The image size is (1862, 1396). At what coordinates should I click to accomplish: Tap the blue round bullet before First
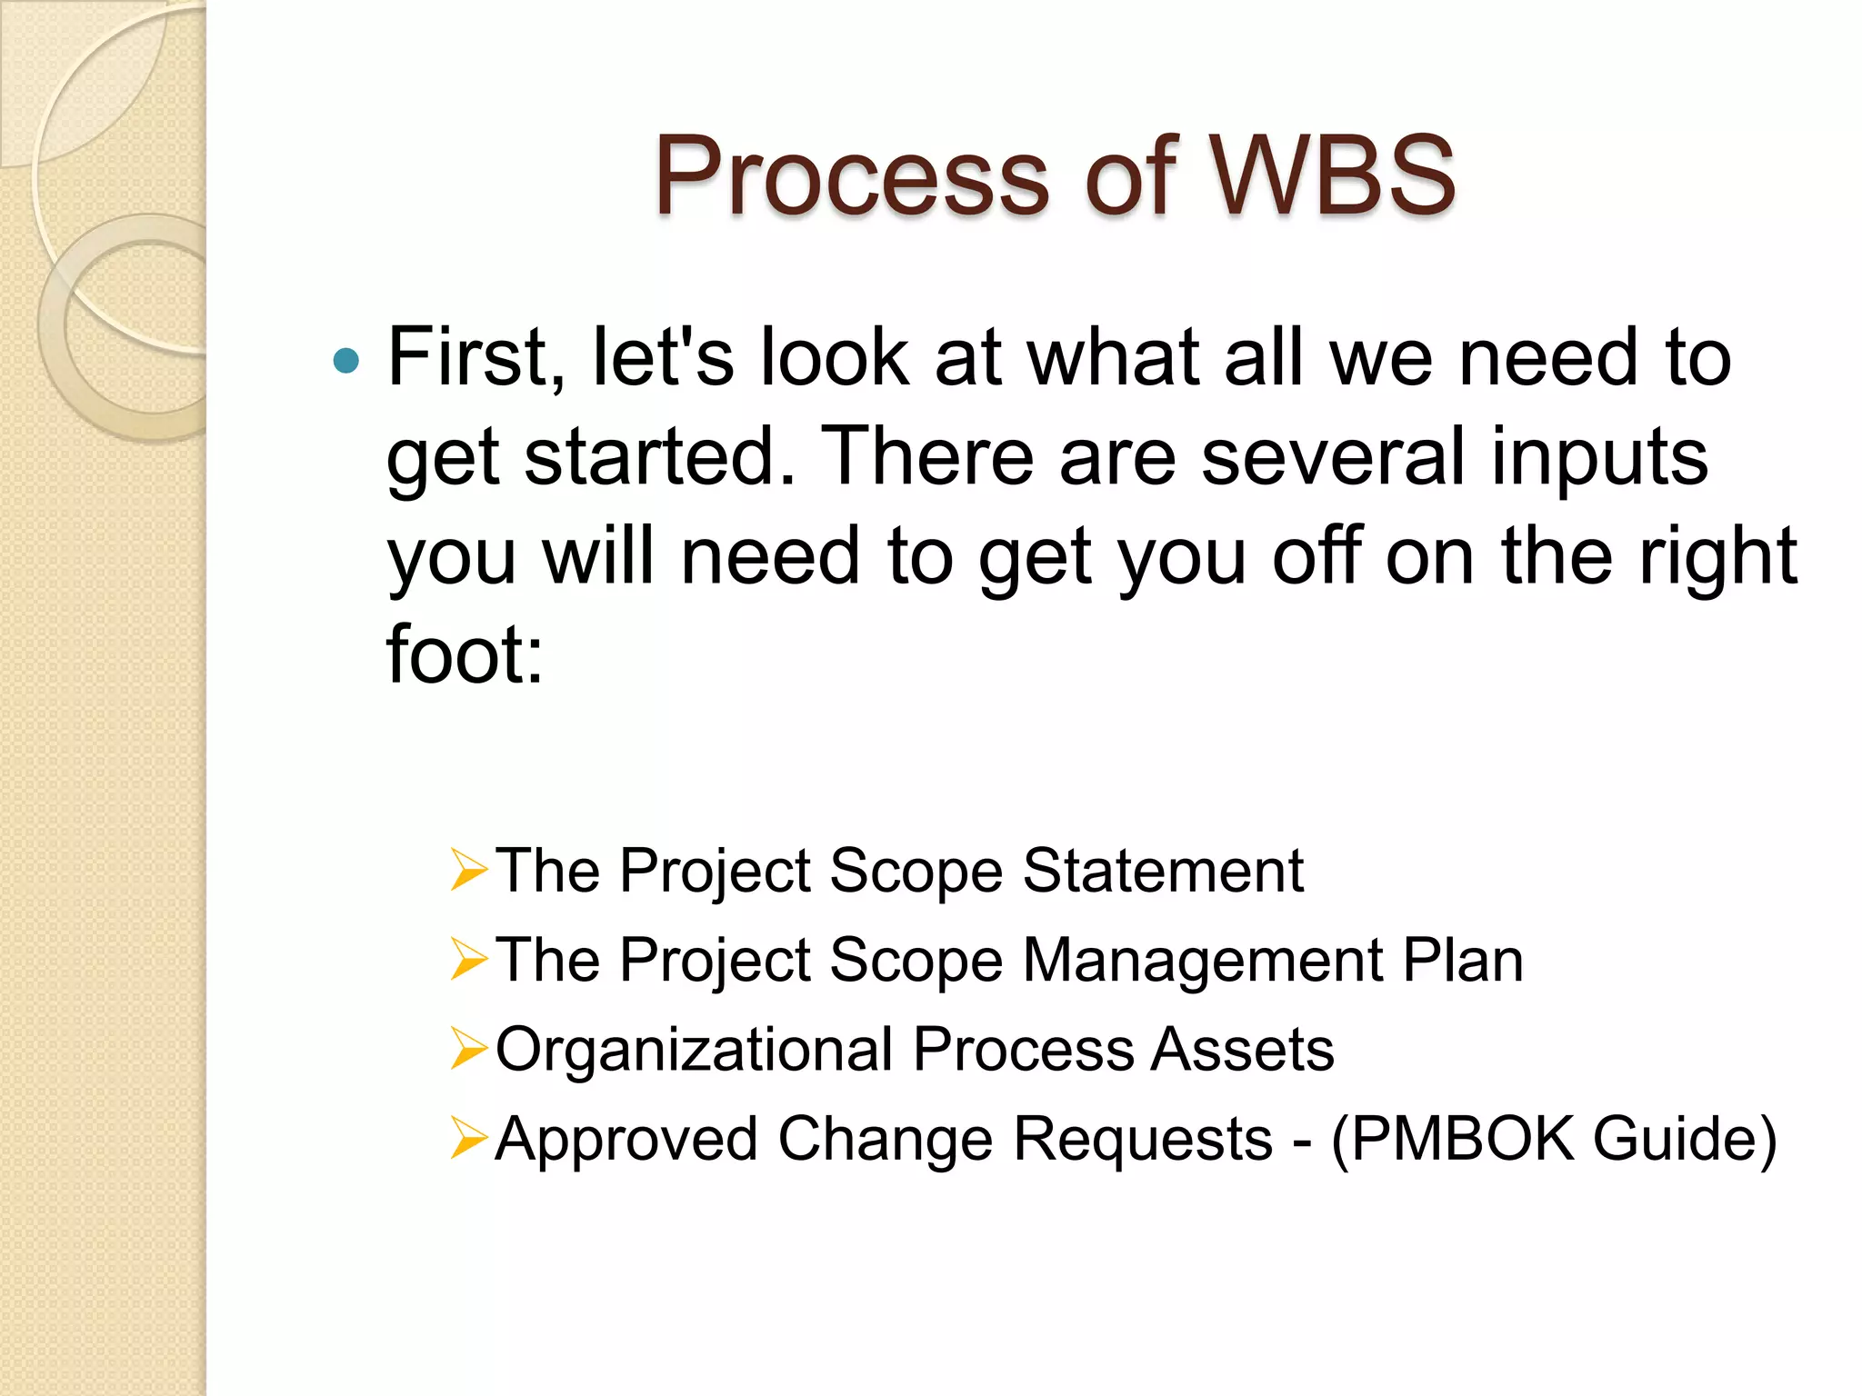point(346,361)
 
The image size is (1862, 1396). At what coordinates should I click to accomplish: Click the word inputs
point(1599,458)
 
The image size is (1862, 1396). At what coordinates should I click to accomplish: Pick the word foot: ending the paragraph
point(465,654)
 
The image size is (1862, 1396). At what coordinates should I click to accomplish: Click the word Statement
point(1163,871)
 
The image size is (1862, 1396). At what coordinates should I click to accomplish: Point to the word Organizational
point(694,1051)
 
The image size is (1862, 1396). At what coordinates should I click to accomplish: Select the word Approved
point(626,1140)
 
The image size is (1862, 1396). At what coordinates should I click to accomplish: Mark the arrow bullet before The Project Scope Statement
point(469,870)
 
